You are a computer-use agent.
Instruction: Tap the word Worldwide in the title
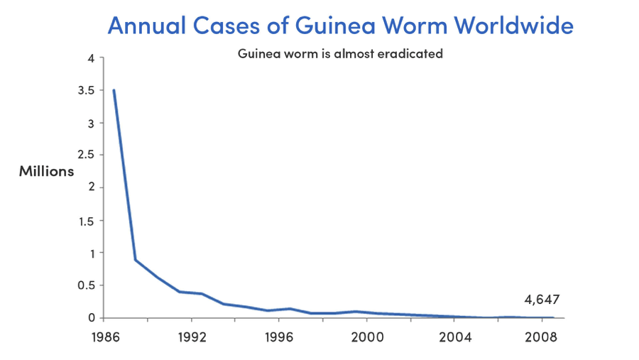[x=513, y=26]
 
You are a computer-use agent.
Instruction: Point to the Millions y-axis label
[x=46, y=171]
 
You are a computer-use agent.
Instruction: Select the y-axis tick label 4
[x=90, y=58]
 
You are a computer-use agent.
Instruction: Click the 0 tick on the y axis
[x=90, y=317]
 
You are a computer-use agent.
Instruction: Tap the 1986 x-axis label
[x=104, y=337]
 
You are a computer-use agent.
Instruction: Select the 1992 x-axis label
[x=191, y=337]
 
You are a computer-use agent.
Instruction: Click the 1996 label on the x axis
[x=279, y=337]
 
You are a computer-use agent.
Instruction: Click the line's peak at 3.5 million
[x=114, y=90]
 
